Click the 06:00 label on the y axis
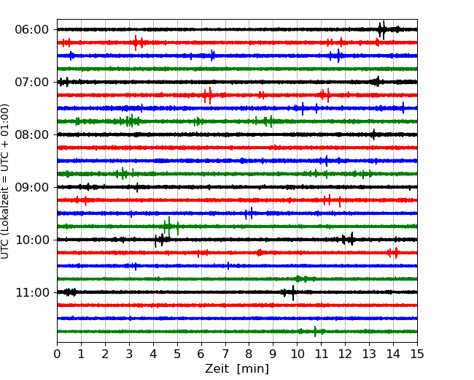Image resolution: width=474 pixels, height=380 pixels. coord(32,30)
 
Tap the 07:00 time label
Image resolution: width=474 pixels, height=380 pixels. coord(32,82)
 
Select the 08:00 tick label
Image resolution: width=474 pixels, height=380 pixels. coord(32,134)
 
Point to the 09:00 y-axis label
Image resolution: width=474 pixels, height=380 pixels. coord(32,187)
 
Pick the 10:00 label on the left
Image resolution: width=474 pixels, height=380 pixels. coord(32,240)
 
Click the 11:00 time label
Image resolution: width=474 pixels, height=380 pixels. coord(32,292)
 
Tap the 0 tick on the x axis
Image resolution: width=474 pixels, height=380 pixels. coord(57,354)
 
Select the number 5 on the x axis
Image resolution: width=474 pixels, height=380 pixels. coord(177,354)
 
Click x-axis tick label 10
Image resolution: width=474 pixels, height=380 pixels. coord(297,354)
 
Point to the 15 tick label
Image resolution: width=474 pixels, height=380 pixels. coord(417,354)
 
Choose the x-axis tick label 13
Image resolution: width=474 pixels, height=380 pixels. coord(370,354)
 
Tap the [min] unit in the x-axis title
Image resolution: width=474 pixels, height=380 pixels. coord(253,369)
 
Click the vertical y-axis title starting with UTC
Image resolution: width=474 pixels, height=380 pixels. coord(4,181)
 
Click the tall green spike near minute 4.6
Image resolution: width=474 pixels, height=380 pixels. coord(169,227)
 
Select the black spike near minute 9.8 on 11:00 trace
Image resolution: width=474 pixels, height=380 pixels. coord(293,293)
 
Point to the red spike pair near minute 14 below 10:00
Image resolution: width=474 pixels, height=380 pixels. coord(393,253)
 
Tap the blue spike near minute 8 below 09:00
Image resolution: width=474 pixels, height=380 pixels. coord(249,213)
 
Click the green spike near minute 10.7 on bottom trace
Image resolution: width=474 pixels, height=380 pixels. coord(315,332)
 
